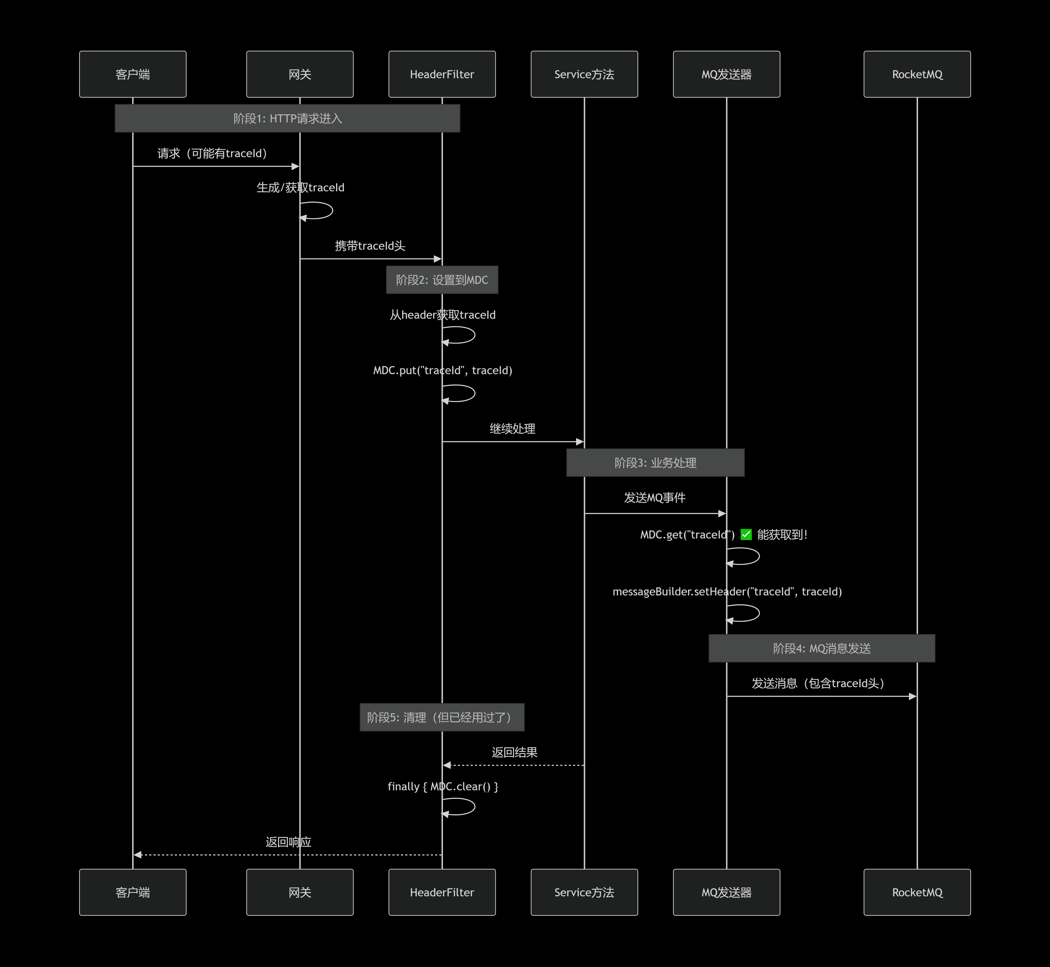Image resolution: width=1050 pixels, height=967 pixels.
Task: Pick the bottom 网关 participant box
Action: click(300, 892)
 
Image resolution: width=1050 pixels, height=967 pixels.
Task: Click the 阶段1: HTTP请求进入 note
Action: click(287, 118)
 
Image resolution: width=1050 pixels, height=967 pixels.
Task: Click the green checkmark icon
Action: click(746, 534)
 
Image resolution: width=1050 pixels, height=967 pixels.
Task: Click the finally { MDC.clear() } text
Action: click(443, 787)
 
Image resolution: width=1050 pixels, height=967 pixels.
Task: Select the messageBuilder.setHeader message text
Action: click(727, 591)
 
